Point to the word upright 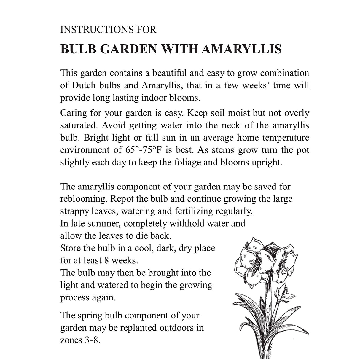266,162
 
